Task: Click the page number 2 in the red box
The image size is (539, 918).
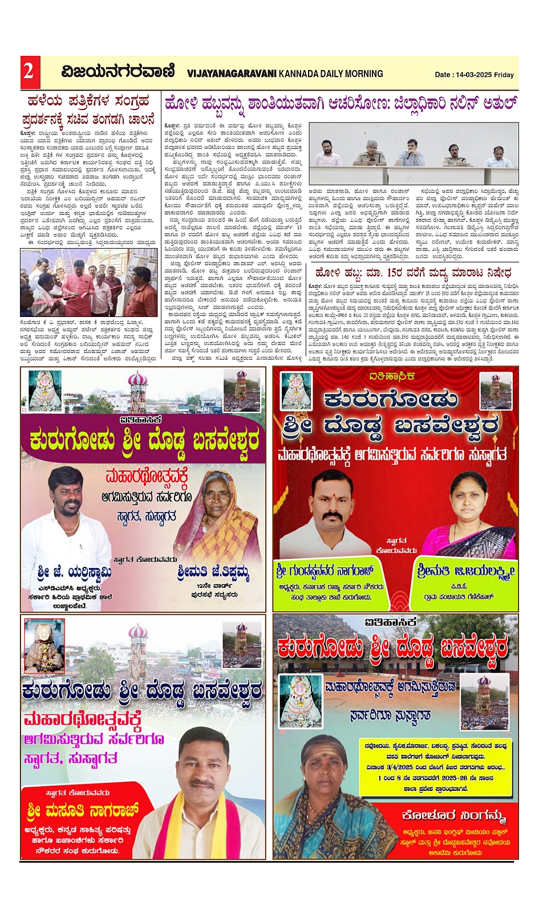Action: point(29,72)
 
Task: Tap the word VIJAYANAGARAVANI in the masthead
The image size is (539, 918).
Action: point(232,74)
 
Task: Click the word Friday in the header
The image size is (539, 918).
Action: point(504,75)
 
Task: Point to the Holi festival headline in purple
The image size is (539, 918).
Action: point(341,104)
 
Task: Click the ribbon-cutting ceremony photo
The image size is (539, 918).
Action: point(88,282)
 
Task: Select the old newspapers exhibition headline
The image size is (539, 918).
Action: point(88,110)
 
